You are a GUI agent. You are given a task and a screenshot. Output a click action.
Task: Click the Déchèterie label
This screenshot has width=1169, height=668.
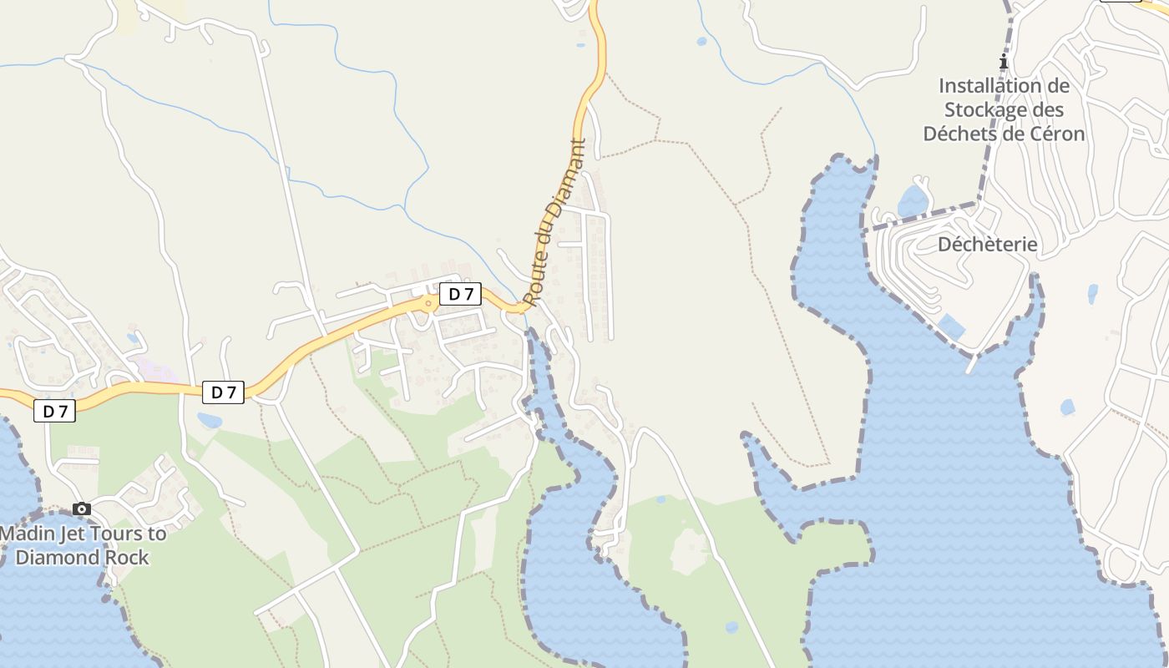click(x=987, y=245)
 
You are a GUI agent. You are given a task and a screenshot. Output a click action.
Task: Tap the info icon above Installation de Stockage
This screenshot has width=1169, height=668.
click(x=1004, y=62)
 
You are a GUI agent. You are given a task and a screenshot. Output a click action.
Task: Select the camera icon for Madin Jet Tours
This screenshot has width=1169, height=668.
click(x=81, y=509)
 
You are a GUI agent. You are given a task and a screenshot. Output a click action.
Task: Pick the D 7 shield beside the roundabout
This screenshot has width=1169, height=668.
click(x=460, y=294)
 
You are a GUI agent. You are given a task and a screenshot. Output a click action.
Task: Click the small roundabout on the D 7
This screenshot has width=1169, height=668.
click(x=428, y=303)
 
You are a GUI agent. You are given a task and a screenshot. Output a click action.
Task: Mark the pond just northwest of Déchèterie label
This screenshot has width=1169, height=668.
click(x=912, y=201)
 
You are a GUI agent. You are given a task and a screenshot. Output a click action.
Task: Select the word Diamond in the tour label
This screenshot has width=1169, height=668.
click(x=58, y=558)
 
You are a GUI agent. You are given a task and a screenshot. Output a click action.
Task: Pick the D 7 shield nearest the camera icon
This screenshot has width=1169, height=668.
click(x=54, y=411)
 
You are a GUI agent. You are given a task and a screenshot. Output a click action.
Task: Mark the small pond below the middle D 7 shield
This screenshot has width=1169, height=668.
click(x=209, y=420)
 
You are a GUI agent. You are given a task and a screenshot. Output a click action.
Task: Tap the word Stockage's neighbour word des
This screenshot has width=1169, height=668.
click(x=1043, y=109)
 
